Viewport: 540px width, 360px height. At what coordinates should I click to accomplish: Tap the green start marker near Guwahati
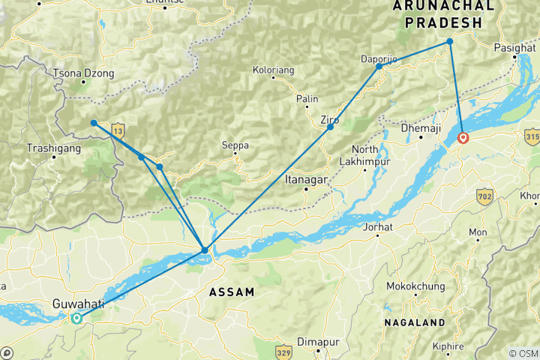[76, 318]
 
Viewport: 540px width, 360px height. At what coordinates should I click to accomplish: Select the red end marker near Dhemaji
[463, 138]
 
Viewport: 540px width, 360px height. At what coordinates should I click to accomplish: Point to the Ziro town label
[329, 119]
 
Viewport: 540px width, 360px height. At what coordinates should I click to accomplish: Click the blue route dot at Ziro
[330, 127]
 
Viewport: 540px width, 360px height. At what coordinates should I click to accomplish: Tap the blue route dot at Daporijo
[379, 67]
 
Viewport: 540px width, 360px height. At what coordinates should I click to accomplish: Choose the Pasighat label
[515, 48]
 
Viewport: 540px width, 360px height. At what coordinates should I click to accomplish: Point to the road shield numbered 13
[117, 131]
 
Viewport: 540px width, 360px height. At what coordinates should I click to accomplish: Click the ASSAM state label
[231, 291]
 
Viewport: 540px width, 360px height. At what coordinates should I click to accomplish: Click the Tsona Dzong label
[84, 73]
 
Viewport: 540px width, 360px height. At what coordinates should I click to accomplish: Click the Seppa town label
[235, 145]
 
